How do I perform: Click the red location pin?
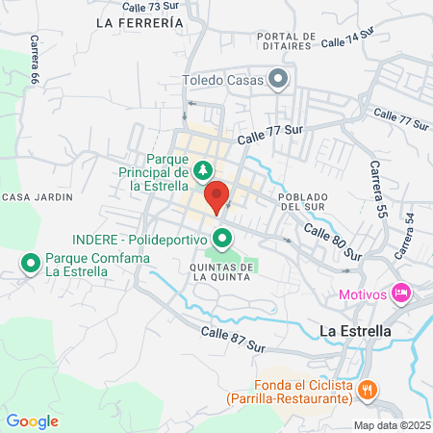point(216,196)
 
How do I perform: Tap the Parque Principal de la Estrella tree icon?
point(202,171)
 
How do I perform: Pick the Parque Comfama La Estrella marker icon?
point(30,262)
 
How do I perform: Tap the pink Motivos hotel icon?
point(401,291)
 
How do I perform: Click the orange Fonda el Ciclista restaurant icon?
point(367,390)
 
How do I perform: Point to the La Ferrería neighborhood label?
point(140,21)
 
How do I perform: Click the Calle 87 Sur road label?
point(233,338)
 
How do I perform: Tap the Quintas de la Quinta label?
point(221,271)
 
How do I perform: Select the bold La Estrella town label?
point(354,330)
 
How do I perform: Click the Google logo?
point(33,420)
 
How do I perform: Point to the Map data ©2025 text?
point(392,425)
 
